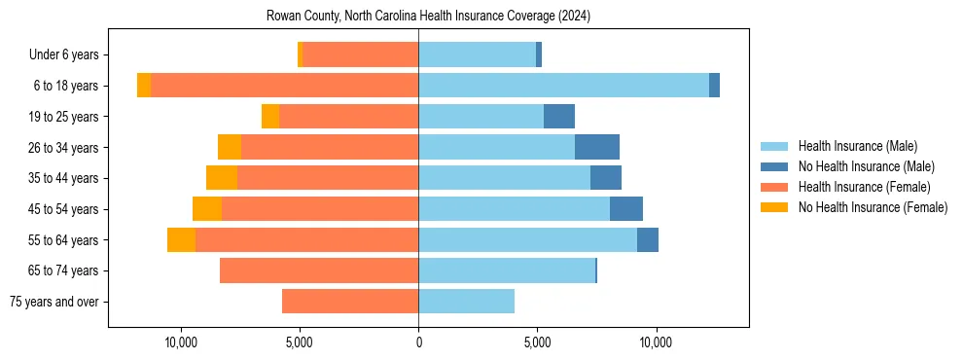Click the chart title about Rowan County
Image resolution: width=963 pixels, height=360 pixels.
pos(428,17)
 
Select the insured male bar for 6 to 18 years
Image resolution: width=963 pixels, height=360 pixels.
pos(563,86)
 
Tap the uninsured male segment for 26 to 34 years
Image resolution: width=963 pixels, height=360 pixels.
pos(596,147)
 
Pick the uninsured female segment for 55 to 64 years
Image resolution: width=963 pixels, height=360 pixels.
pos(181,239)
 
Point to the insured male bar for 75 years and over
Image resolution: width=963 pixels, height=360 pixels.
pos(466,302)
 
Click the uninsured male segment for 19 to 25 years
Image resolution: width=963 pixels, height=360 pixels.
pos(558,117)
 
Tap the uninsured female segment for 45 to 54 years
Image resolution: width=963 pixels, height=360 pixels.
pos(207,209)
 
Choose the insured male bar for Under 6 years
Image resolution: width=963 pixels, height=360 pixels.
pos(477,54)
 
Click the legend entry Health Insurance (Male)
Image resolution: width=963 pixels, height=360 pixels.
pos(857,146)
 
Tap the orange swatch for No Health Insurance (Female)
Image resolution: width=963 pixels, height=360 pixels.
pos(774,207)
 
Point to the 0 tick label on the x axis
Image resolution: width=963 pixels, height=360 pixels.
pos(418,342)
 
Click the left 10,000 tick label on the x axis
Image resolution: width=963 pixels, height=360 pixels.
pos(181,342)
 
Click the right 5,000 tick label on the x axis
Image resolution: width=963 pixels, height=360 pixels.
pos(537,342)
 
